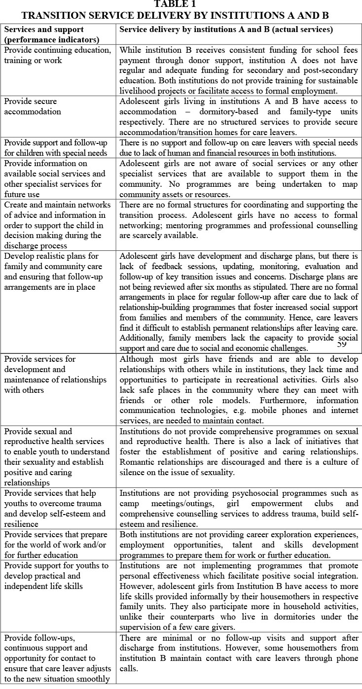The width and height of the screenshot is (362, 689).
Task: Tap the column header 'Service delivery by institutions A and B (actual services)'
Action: [x=226, y=30]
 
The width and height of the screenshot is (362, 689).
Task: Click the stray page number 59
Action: [x=342, y=344]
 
